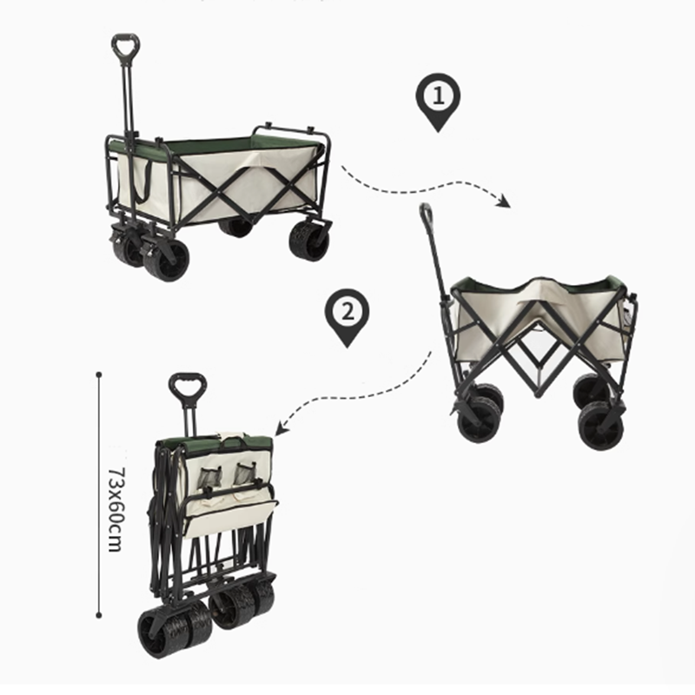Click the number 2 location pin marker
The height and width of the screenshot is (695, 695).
(x=347, y=314)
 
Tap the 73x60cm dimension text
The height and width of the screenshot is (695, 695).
(x=114, y=509)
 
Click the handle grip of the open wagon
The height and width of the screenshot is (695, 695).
(x=125, y=45)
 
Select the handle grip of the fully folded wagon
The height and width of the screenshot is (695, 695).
(x=187, y=387)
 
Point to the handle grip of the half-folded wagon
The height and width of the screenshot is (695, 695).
(x=426, y=214)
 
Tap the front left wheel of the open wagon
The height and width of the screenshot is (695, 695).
(x=166, y=258)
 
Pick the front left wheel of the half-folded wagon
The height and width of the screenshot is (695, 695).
(x=480, y=419)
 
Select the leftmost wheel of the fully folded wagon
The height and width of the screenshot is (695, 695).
(x=163, y=632)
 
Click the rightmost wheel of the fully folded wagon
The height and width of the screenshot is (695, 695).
(x=259, y=598)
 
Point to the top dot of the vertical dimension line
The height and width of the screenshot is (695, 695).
(x=99, y=374)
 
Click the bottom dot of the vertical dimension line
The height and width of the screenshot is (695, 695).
(x=99, y=615)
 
